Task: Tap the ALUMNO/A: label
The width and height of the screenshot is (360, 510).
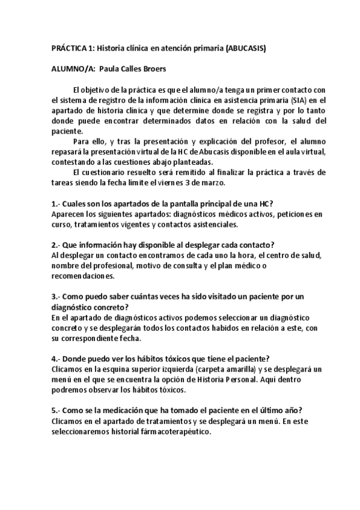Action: point(72,69)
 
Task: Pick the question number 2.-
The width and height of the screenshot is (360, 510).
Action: point(57,244)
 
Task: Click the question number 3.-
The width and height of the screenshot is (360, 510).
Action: point(57,296)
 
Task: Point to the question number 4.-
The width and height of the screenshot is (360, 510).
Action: point(57,358)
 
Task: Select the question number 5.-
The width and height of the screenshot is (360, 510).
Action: point(57,410)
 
